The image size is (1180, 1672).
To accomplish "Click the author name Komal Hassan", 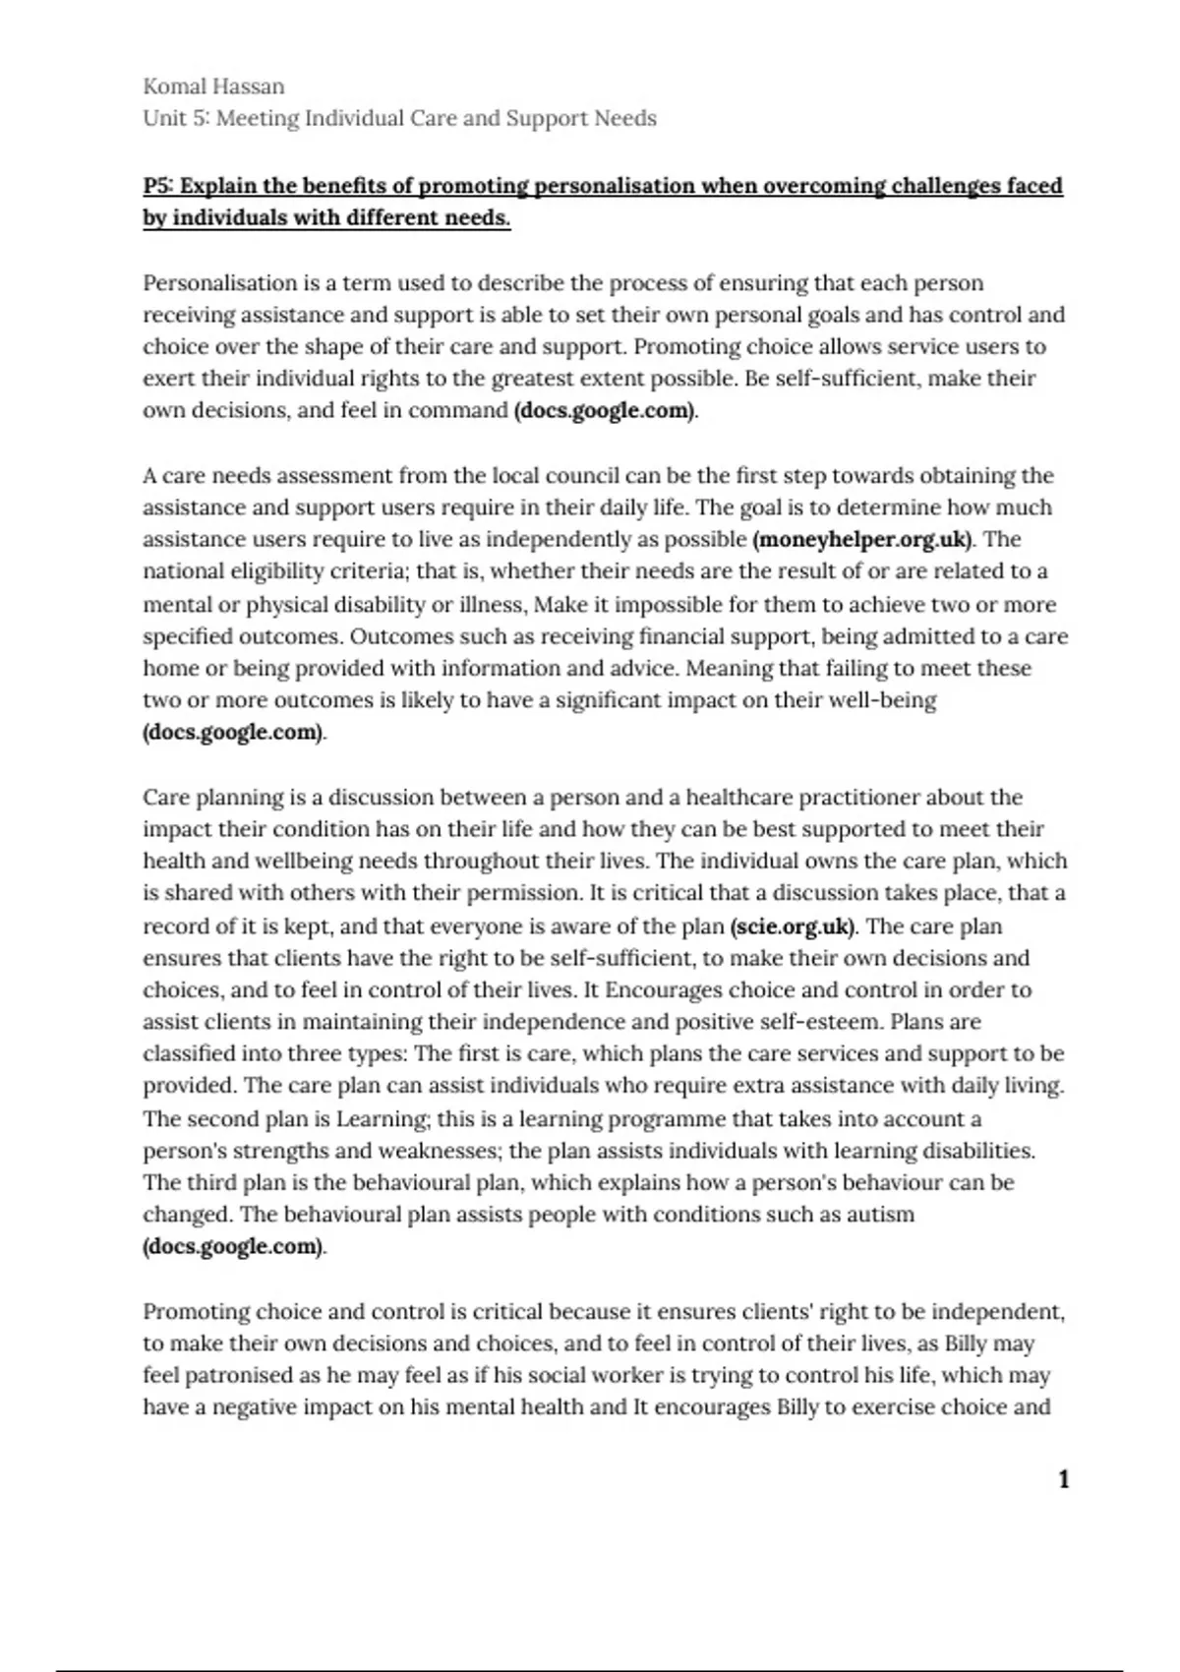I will (213, 87).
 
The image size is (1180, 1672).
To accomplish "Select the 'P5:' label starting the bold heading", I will (157, 186).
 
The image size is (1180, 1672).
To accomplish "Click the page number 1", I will (1063, 1479).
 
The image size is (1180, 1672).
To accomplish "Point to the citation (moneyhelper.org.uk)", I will (862, 539).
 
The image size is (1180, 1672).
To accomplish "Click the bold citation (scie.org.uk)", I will (793, 926).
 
